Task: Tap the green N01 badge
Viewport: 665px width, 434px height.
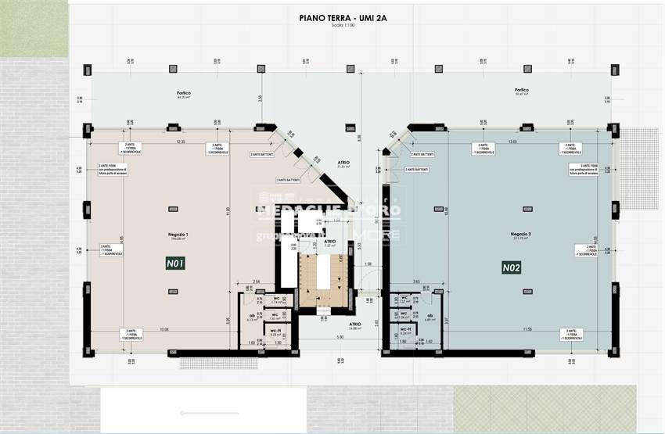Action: click(175, 264)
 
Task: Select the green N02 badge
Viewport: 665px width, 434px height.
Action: click(512, 268)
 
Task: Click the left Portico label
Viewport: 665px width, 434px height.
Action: click(184, 92)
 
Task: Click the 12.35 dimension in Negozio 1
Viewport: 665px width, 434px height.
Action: click(181, 142)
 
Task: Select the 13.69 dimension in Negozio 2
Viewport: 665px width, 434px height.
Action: click(513, 142)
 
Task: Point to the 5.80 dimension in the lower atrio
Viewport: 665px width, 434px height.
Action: click(341, 337)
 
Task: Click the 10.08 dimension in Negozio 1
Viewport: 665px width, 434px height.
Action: click(164, 329)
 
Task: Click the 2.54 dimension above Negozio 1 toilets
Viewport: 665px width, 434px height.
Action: click(256, 280)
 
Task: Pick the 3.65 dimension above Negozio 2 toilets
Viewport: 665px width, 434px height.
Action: click(416, 280)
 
